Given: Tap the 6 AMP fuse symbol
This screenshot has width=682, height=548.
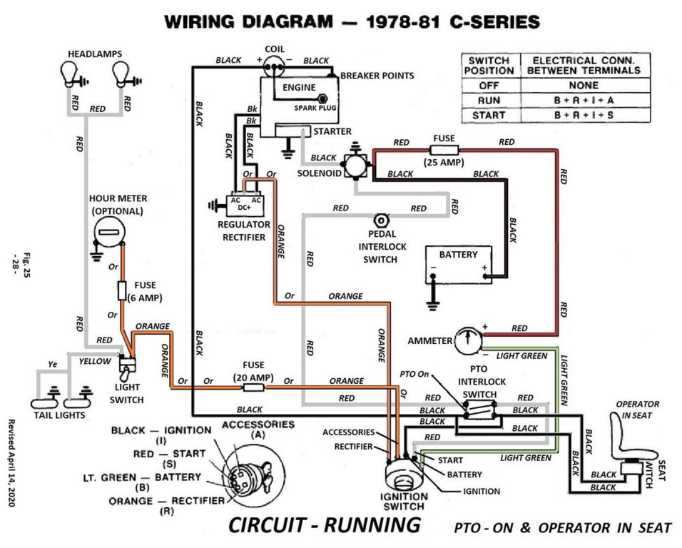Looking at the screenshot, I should [x=122, y=290].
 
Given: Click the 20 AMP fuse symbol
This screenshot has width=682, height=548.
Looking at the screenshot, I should [x=253, y=387].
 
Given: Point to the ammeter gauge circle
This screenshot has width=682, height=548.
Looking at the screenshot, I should [x=467, y=339].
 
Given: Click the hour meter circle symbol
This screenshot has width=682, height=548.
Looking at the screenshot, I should [x=109, y=233].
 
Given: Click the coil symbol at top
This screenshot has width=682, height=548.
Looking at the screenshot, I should [x=274, y=66].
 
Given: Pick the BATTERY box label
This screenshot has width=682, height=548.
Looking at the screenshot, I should [x=458, y=254].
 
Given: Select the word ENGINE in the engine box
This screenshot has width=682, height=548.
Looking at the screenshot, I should [x=298, y=86].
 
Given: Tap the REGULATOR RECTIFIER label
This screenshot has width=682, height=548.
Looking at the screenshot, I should [x=243, y=230].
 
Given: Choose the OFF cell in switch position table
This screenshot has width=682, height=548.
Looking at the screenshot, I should [x=489, y=85].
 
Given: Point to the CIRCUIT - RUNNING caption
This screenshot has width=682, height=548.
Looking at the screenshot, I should [x=324, y=526].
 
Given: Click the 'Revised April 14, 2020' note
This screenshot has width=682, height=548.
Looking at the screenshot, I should [x=12, y=462].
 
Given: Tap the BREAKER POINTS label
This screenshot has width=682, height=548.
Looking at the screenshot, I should [x=377, y=75].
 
